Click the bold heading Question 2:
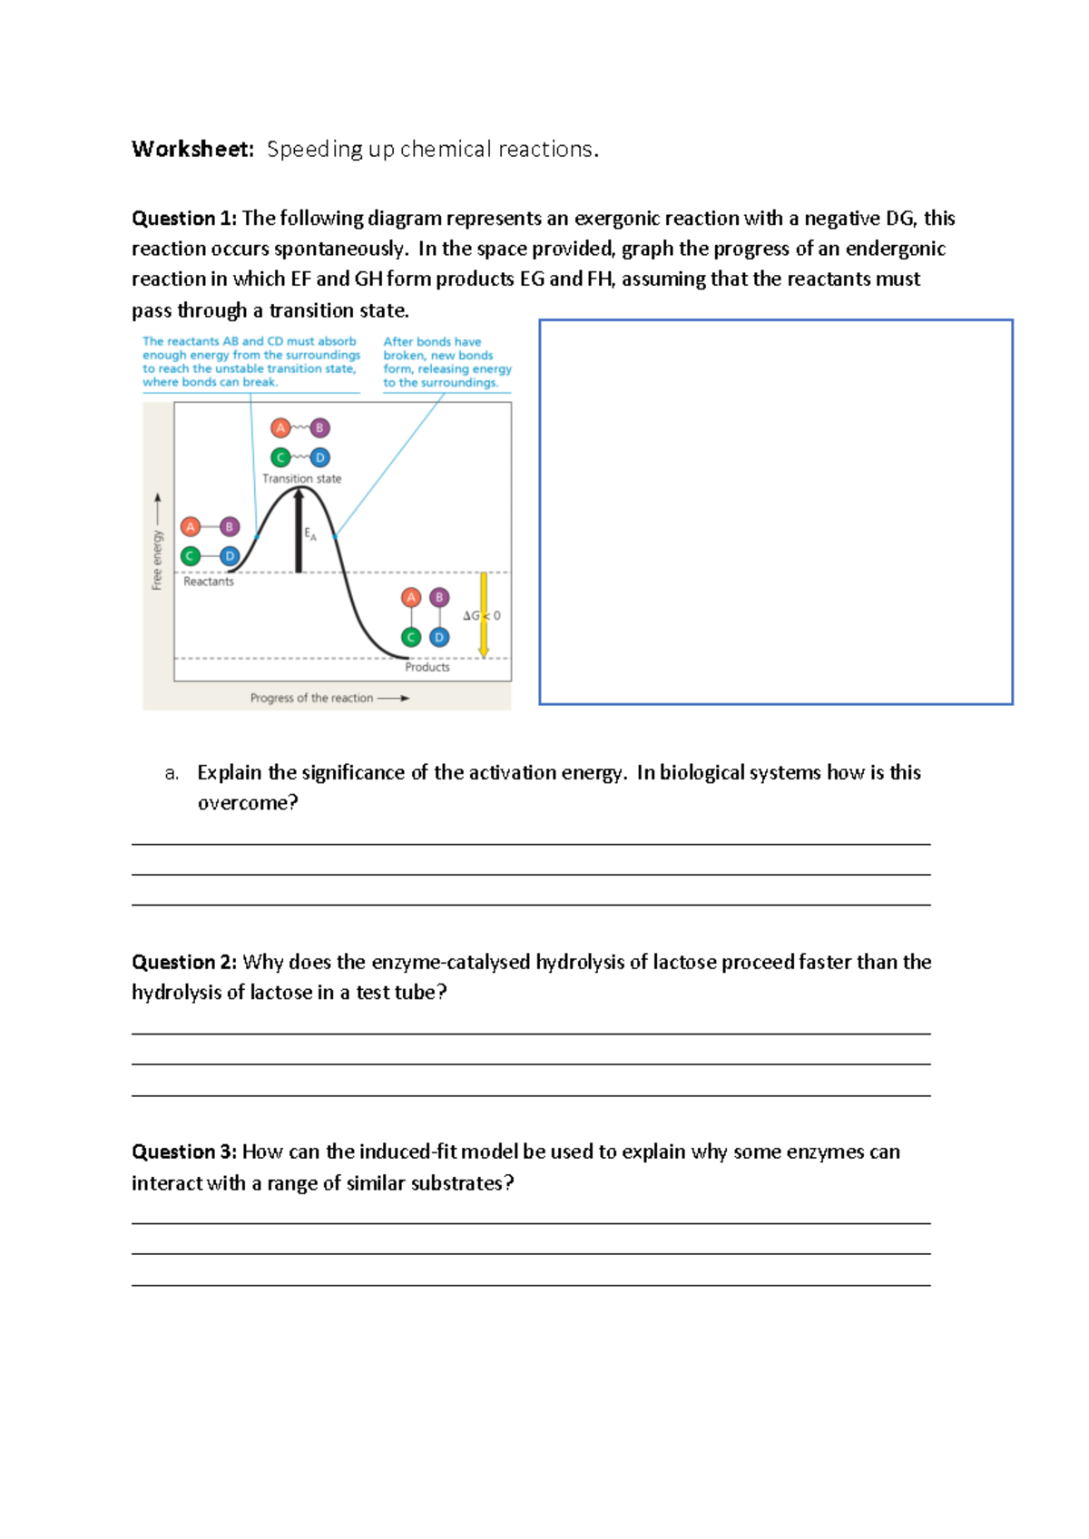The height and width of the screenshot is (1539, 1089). pyautogui.click(x=184, y=962)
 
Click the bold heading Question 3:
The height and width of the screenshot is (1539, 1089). pyautogui.click(x=184, y=1152)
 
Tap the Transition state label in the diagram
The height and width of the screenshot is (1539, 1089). pyautogui.click(x=301, y=479)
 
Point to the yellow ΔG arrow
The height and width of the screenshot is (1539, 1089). pyautogui.click(x=484, y=615)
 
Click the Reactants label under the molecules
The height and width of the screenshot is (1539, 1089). pyautogui.click(x=209, y=582)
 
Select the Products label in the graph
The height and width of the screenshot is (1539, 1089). pyautogui.click(x=427, y=667)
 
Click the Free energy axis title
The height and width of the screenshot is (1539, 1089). pyautogui.click(x=157, y=560)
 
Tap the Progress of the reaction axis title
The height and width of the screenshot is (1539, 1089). pyautogui.click(x=311, y=698)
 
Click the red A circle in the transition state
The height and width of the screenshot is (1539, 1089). pyautogui.click(x=280, y=427)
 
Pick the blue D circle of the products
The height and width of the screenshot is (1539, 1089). pyautogui.click(x=439, y=637)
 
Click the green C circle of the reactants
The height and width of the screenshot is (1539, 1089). pyautogui.click(x=191, y=556)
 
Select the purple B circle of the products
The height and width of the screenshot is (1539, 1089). pyautogui.click(x=439, y=597)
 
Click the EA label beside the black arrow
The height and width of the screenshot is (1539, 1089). pyautogui.click(x=310, y=534)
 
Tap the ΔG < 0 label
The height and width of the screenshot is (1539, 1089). pyautogui.click(x=481, y=615)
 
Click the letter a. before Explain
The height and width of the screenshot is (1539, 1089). pyautogui.click(x=172, y=773)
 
